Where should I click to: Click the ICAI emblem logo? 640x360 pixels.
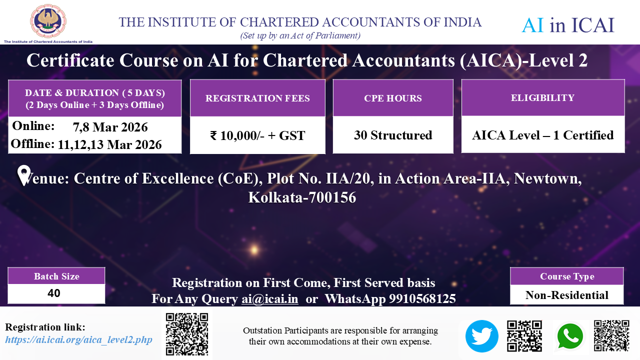click(x=48, y=21)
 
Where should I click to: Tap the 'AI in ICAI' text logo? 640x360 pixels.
click(x=567, y=25)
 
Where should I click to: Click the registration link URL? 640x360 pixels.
click(x=78, y=339)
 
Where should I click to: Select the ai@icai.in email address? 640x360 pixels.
click(x=269, y=299)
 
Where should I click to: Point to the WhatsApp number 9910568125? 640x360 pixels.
click(x=422, y=298)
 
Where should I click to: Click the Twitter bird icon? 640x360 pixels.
click(x=481, y=336)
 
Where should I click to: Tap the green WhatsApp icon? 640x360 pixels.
click(x=570, y=336)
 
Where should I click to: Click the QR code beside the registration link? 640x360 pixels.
click(x=187, y=334)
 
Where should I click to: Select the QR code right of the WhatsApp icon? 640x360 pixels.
click(x=611, y=335)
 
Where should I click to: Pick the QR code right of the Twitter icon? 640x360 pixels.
click(x=524, y=335)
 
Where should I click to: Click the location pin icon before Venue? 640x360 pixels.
click(x=23, y=175)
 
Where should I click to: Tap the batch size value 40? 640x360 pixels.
click(x=54, y=293)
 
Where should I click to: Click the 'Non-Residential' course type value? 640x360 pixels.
click(x=567, y=295)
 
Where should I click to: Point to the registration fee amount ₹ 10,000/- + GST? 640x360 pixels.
click(x=257, y=135)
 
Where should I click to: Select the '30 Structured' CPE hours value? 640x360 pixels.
click(x=393, y=135)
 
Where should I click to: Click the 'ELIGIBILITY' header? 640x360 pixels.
click(x=542, y=97)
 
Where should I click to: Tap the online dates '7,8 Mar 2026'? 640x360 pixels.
click(x=110, y=127)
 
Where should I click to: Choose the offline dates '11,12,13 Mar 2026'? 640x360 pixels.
click(x=109, y=144)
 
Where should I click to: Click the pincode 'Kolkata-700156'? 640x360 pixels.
click(x=302, y=197)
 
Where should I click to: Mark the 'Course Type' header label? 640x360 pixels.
click(x=567, y=276)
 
